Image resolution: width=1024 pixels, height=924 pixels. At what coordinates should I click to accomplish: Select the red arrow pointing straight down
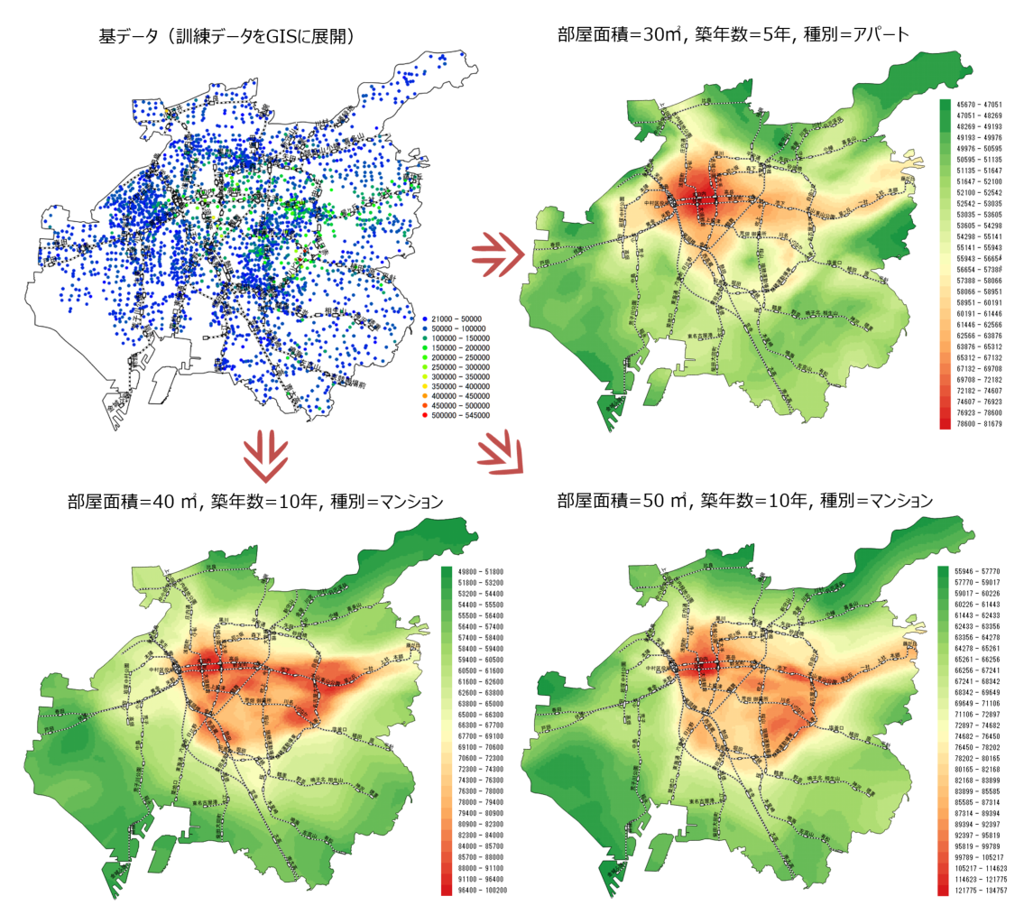(267, 454)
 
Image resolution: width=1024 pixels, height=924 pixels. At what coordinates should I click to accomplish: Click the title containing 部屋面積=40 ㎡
(255, 501)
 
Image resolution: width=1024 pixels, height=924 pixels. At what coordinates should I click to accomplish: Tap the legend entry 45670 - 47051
(977, 106)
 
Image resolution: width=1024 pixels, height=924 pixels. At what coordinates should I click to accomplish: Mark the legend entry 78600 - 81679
(977, 421)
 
